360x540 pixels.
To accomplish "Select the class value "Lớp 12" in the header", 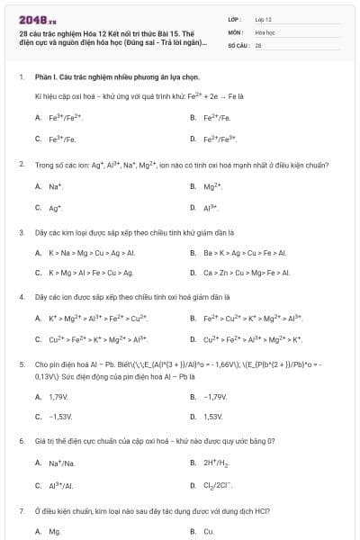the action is point(263,18).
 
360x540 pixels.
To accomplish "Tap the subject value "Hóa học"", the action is point(265,31).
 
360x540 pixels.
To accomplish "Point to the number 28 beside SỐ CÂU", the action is point(258,44).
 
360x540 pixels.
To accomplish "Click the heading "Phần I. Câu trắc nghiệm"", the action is point(103,77).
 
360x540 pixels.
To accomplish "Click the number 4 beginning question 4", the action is point(21,295).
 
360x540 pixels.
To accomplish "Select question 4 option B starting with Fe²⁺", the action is point(251,318).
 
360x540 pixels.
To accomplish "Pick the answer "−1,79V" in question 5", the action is point(214,396).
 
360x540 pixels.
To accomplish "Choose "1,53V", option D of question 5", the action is point(212,417).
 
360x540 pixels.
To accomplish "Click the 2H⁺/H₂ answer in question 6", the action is point(215,463).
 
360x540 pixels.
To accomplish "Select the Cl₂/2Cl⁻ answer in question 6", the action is point(219,485).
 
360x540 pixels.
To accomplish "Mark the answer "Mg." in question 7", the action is point(55,531).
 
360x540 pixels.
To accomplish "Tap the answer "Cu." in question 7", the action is point(209,531).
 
